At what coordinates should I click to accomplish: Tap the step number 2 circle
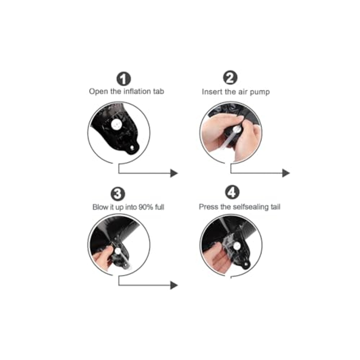pyautogui.click(x=230, y=78)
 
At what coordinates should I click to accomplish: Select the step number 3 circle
pyautogui.click(x=118, y=194)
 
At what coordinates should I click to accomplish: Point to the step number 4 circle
pyautogui.click(x=232, y=192)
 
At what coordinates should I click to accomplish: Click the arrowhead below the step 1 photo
pyautogui.click(x=174, y=173)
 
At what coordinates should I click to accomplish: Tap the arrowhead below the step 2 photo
pyautogui.click(x=286, y=173)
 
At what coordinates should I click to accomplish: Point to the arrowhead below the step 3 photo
pyautogui.click(x=174, y=285)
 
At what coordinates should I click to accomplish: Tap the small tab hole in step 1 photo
pyautogui.click(x=132, y=148)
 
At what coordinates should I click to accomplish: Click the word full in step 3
pyautogui.click(x=160, y=207)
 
